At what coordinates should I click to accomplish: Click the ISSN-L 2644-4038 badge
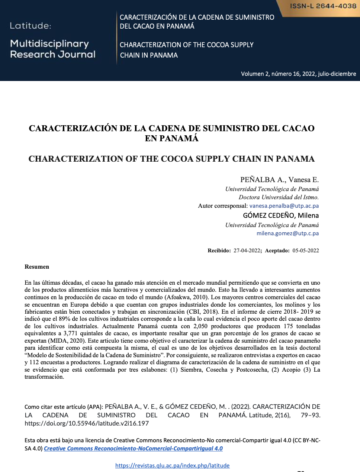click(x=323, y=6)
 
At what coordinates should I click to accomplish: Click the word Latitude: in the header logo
click(x=30, y=26)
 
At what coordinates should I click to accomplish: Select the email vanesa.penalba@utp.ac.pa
click(x=284, y=206)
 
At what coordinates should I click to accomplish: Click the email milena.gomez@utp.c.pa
click(x=287, y=233)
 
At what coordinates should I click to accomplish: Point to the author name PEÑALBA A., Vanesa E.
click(x=279, y=180)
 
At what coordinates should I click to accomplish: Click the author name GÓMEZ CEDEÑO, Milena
click(x=281, y=215)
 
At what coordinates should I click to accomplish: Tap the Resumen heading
click(x=37, y=266)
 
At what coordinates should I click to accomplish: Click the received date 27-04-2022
click(x=247, y=250)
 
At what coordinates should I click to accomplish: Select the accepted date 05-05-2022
click(x=306, y=250)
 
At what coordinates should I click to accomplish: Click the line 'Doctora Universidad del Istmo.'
click(x=279, y=197)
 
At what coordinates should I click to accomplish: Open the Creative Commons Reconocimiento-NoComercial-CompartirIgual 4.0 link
click(x=133, y=448)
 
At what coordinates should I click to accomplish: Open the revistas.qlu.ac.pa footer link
click(x=172, y=465)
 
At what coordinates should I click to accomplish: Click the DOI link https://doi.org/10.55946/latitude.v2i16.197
click(x=87, y=423)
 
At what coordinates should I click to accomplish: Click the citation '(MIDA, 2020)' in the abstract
click(x=67, y=340)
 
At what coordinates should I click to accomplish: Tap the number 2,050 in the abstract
click(x=200, y=326)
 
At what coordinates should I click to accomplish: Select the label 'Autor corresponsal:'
click(x=223, y=206)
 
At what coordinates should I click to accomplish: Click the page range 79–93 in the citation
click(x=311, y=415)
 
